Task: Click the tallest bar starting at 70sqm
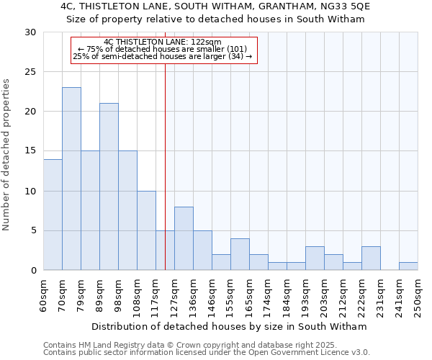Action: [71, 179]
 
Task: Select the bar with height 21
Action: [109, 186]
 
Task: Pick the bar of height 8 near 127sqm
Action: [184, 238]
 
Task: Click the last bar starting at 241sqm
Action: [408, 266]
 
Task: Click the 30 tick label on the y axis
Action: [32, 32]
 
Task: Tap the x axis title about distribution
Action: [230, 326]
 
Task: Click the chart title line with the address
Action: [215, 6]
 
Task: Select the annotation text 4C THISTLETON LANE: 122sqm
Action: [163, 42]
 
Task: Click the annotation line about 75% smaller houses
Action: [163, 49]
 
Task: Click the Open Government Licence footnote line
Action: [206, 353]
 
